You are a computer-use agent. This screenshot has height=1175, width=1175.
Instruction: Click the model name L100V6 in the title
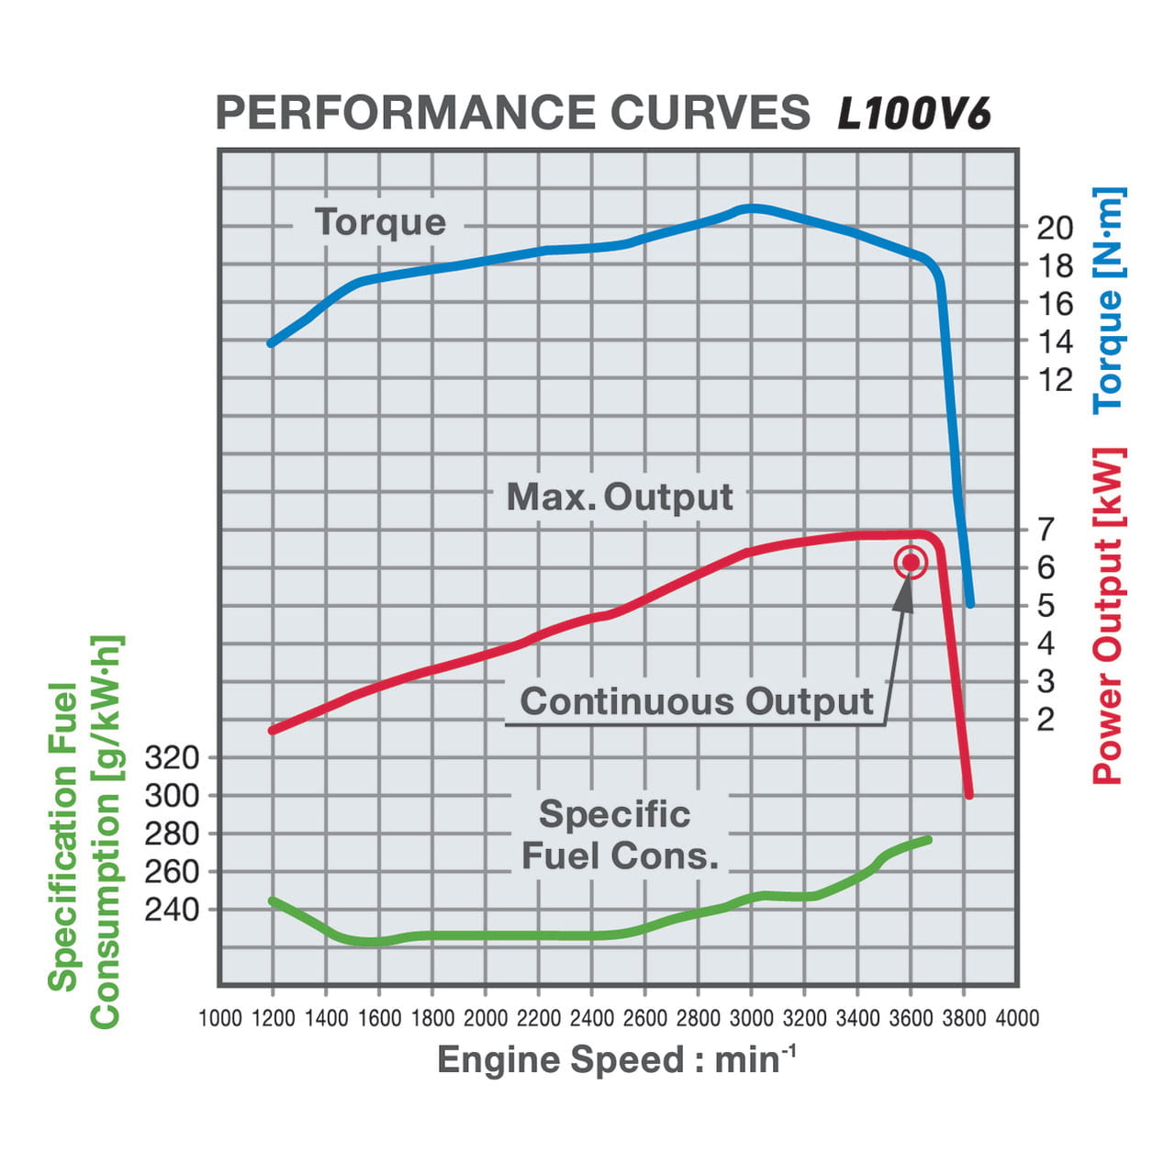coord(914,115)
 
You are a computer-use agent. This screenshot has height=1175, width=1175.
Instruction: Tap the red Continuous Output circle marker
coord(911,563)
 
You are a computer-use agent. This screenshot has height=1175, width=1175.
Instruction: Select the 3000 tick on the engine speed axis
coord(751,1018)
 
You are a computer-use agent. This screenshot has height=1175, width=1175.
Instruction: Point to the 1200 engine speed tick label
coord(273,1018)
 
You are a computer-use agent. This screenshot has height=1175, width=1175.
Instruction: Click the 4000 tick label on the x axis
coord(1017,1018)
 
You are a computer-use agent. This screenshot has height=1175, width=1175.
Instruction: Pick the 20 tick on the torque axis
coord(1055,228)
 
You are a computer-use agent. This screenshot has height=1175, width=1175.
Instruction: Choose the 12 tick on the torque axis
coord(1055,379)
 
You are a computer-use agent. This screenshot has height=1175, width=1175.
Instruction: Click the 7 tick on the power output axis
coord(1046,530)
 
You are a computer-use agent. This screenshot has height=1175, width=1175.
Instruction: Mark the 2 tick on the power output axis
coord(1046,719)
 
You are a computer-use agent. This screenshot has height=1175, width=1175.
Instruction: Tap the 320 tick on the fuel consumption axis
coord(172,757)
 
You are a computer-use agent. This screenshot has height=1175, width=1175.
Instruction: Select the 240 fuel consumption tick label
coord(172,909)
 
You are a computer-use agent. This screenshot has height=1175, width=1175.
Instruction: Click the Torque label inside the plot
coord(380,222)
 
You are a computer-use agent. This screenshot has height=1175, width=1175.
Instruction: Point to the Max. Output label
coord(620,497)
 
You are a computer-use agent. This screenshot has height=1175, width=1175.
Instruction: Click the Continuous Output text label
coord(697,701)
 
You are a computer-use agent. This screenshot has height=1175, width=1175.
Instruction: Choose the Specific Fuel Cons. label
coord(619,835)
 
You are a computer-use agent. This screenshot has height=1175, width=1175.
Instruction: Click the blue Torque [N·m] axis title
coord(1109,300)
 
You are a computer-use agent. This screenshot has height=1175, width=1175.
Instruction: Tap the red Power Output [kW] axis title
coord(1109,616)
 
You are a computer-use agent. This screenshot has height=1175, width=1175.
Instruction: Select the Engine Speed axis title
coord(615,1059)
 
